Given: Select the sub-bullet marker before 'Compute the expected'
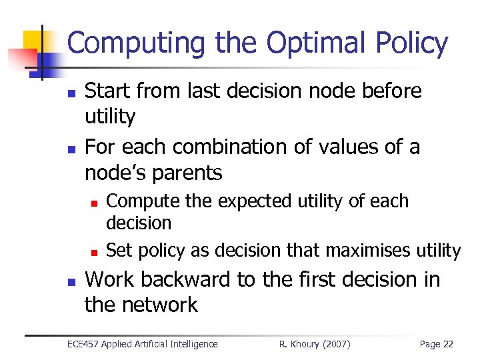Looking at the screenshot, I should point(95,202).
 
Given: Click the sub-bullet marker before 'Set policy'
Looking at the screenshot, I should point(95,252).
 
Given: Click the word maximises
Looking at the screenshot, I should point(369,251).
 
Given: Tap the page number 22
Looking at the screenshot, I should point(447,344).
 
